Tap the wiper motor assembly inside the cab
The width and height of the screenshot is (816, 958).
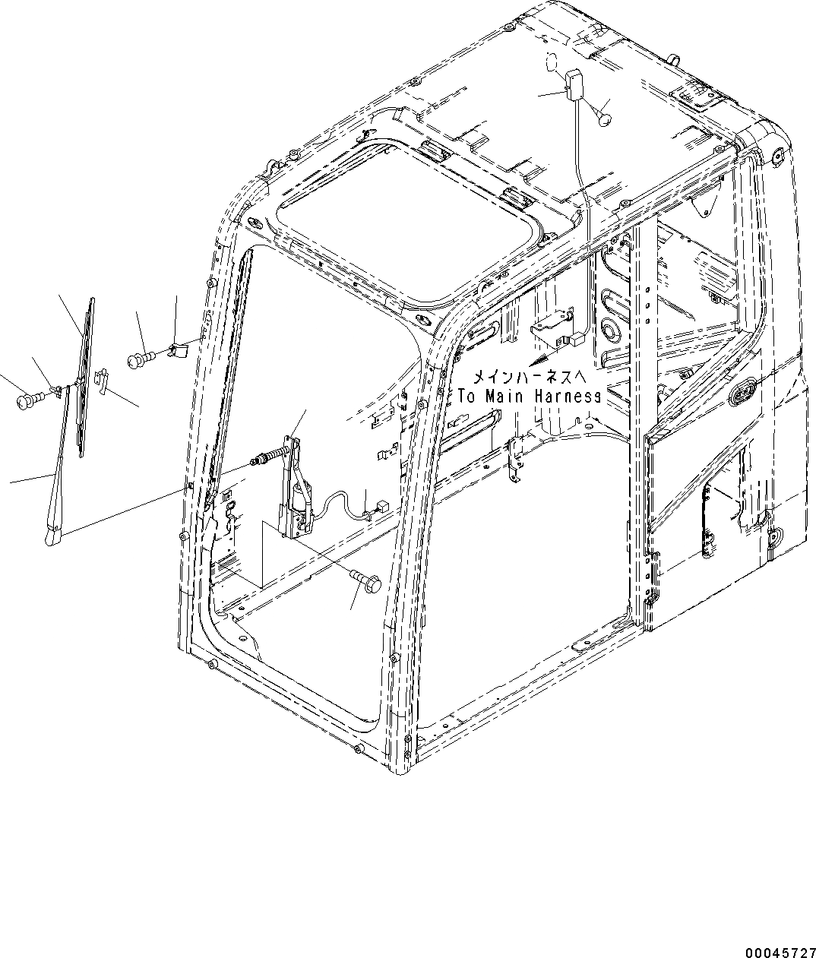[296, 486]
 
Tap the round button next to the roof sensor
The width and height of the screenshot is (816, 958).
[606, 117]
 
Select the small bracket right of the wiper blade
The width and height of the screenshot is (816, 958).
[103, 380]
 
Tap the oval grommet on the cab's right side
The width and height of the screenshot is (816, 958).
[742, 393]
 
